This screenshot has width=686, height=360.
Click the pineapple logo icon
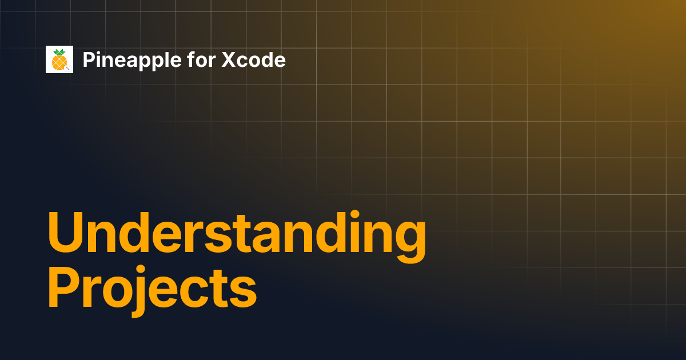coord(59,59)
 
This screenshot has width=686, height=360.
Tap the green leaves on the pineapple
coord(59,53)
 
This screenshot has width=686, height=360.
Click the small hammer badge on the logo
coord(68,69)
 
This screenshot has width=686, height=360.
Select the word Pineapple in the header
coord(132,61)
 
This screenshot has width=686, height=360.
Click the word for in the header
coord(201,59)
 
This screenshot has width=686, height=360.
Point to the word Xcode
coord(254,59)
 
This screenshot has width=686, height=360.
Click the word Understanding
coord(237,237)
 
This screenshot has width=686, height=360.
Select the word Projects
coord(152,291)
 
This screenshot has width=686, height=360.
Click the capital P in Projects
coord(64,286)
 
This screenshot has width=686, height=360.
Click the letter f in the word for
coord(192,59)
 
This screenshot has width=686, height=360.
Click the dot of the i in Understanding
coord(354,215)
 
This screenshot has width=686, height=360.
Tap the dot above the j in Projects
coord(140,270)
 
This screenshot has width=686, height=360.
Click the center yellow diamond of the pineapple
coord(59,62)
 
